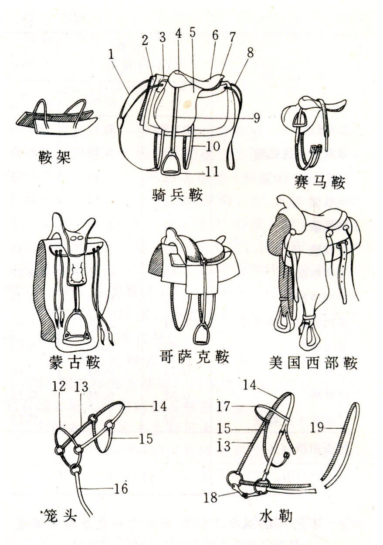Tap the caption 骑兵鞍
coord(177,194)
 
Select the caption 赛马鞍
coord(319,182)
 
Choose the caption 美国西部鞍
coord(313,362)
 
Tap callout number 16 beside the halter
coord(122,489)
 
